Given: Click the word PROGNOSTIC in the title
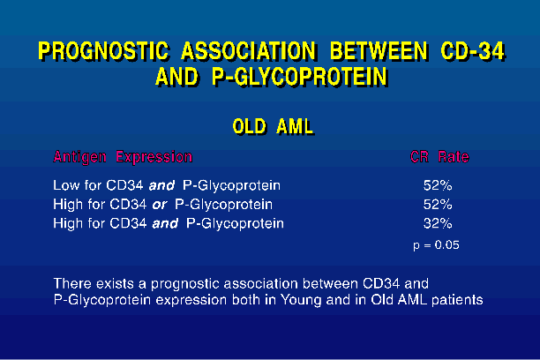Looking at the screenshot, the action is click(x=104, y=51).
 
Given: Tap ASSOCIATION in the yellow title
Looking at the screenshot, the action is click(x=248, y=51).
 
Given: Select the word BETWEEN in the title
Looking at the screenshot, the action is click(x=379, y=51).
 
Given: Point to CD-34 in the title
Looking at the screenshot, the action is click(x=473, y=51).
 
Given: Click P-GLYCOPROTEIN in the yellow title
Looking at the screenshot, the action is click(x=300, y=77).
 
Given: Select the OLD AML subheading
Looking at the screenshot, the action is click(x=274, y=126).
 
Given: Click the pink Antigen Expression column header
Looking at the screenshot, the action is click(x=123, y=157).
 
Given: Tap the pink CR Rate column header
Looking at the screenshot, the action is click(x=439, y=157).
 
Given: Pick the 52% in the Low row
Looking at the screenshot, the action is click(x=438, y=185).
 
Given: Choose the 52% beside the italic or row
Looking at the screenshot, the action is click(x=438, y=205).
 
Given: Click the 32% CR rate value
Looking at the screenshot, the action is click(x=438, y=223).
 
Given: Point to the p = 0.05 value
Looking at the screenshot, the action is click(x=437, y=245).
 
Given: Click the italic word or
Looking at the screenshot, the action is click(x=160, y=206).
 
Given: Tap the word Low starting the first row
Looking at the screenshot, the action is click(x=67, y=185).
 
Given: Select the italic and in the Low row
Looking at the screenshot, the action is click(x=161, y=186).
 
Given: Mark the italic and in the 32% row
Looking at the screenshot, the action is click(x=165, y=224).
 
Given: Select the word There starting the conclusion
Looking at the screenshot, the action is click(x=72, y=284).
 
